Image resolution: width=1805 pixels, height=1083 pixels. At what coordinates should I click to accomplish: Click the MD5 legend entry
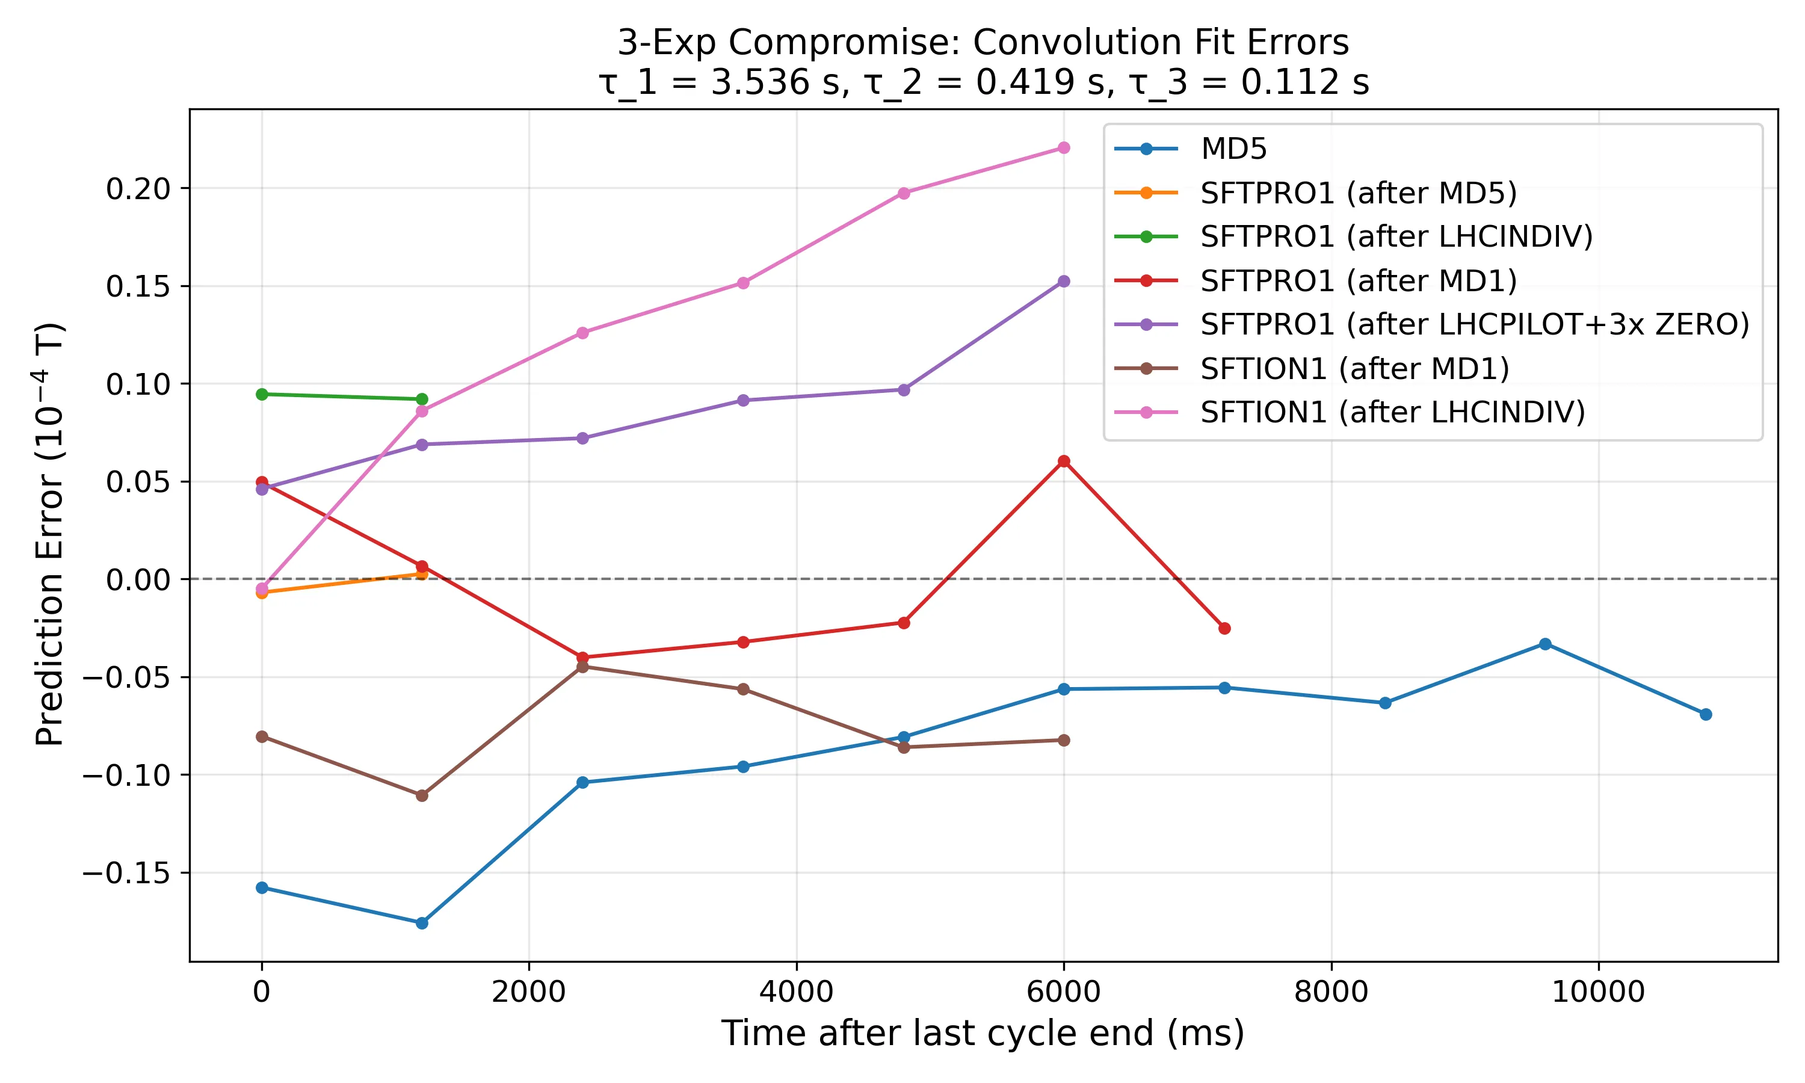pyautogui.click(x=1233, y=149)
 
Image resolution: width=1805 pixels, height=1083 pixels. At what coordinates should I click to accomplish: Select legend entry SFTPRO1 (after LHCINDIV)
pyautogui.click(x=1396, y=236)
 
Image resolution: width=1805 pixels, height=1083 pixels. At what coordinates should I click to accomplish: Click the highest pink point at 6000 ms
pyautogui.click(x=1064, y=148)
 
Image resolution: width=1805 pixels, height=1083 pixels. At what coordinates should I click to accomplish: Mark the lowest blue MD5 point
pyautogui.click(x=422, y=923)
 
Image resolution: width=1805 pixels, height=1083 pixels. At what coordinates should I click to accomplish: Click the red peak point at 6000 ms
pyautogui.click(x=1064, y=461)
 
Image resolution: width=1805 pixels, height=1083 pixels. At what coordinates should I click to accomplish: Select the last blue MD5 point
pyautogui.click(x=1706, y=714)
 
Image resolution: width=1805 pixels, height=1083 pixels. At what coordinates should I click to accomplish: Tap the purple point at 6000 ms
pyautogui.click(x=1064, y=282)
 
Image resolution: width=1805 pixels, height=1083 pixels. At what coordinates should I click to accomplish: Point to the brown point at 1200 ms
pyautogui.click(x=422, y=795)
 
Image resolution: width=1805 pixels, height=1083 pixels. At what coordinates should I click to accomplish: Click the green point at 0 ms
pyautogui.click(x=262, y=394)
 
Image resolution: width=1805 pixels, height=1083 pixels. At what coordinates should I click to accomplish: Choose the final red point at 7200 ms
pyautogui.click(x=1224, y=628)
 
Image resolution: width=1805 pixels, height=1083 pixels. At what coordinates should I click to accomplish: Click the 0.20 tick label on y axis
pyautogui.click(x=138, y=189)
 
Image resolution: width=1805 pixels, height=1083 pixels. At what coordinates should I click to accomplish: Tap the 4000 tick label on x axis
pyautogui.click(x=796, y=993)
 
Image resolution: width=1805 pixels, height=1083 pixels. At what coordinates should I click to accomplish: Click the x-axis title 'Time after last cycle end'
pyautogui.click(x=982, y=1034)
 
